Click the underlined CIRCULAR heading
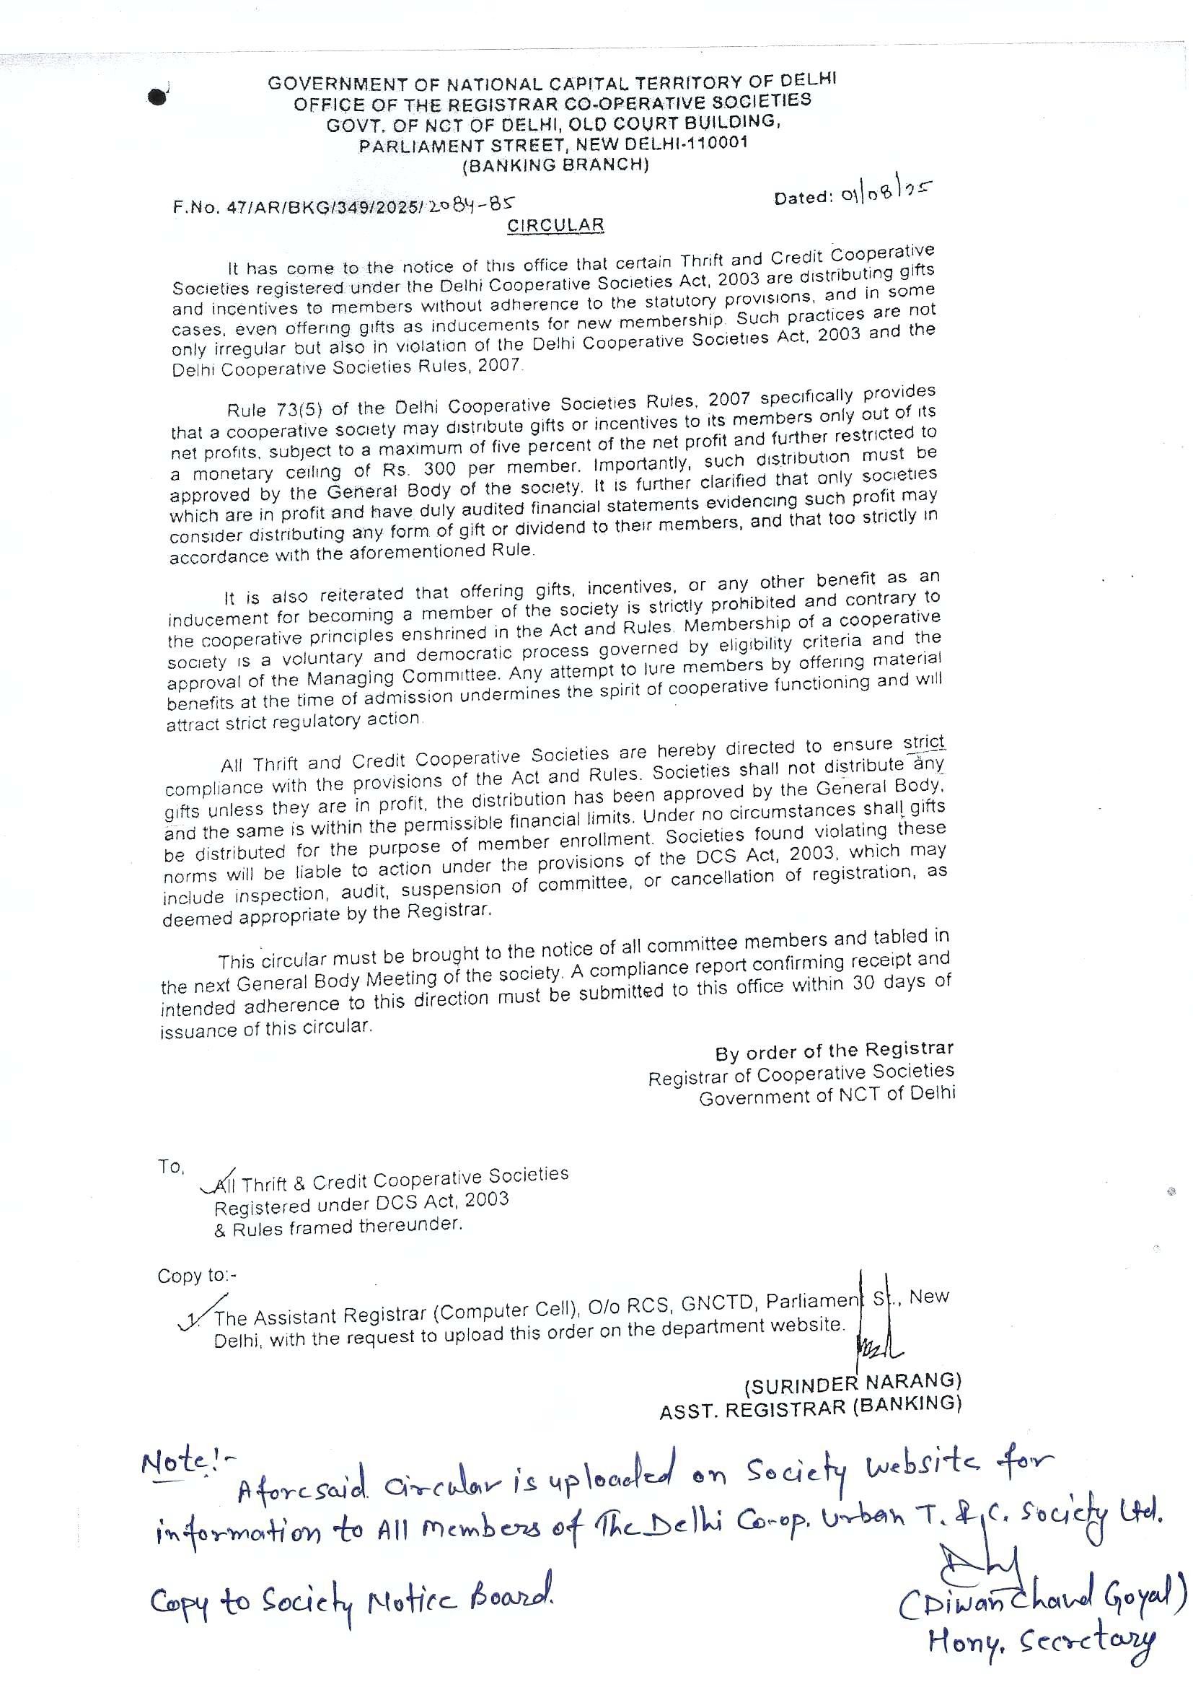tap(555, 226)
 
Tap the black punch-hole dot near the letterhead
tap(158, 97)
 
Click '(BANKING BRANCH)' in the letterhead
tap(555, 165)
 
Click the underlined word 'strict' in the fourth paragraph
tap(923, 742)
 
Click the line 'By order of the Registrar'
tap(835, 1051)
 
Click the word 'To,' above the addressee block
tap(171, 1166)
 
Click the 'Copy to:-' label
tap(197, 1276)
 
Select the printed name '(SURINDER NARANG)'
tap(853, 1383)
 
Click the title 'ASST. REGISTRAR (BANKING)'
tap(810, 1408)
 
